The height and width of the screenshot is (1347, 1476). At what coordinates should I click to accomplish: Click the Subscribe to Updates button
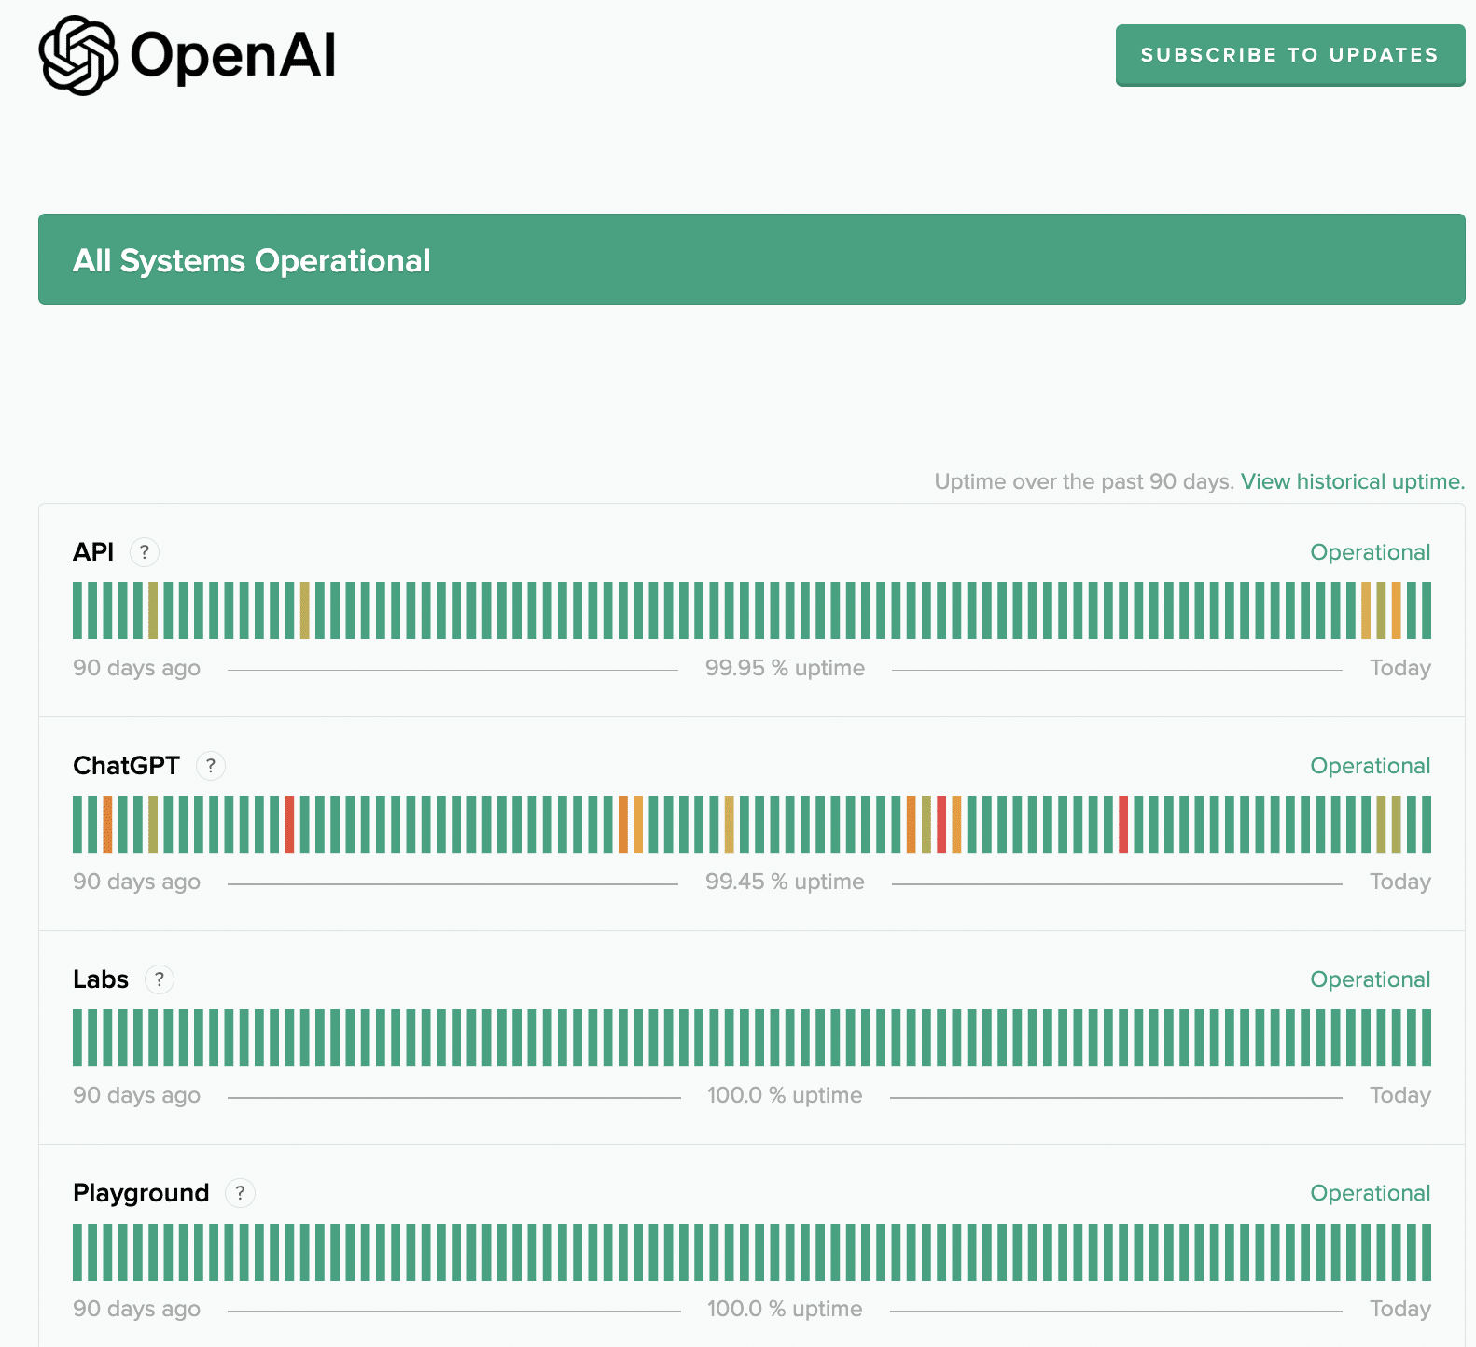tap(1289, 55)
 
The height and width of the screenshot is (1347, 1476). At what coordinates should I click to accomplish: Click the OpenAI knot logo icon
tap(78, 55)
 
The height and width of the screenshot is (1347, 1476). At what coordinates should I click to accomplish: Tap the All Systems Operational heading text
tap(252, 261)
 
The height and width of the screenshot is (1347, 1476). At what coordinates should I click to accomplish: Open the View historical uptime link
tap(1352, 481)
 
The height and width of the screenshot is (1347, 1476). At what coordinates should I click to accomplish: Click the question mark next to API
tap(145, 552)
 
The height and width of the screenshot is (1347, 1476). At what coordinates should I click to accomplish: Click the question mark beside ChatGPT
tap(211, 766)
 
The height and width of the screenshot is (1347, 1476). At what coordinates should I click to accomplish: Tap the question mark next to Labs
tap(160, 979)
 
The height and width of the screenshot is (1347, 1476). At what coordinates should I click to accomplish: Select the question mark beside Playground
tap(240, 1193)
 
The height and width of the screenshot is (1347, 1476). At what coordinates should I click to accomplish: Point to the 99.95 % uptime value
tap(785, 668)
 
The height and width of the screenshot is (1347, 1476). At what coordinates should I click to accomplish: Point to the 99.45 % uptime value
tap(785, 882)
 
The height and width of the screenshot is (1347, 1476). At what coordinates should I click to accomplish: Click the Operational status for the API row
tap(1370, 552)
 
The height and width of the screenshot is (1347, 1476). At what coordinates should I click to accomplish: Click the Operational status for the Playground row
tap(1370, 1193)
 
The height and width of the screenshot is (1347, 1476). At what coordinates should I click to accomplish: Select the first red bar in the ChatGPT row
tap(289, 824)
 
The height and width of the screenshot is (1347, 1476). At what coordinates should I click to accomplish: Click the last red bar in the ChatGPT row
tap(1123, 824)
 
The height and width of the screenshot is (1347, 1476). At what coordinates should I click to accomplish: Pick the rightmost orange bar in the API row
tap(1397, 610)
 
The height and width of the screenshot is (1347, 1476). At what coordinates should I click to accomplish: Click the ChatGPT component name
tap(126, 766)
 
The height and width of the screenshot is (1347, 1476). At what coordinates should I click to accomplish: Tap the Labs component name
tap(101, 979)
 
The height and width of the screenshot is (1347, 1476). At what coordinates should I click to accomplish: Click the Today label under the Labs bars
tap(1399, 1095)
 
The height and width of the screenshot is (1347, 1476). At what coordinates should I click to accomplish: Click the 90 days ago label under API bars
tap(136, 668)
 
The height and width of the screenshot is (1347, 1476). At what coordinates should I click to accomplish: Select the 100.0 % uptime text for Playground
tap(785, 1309)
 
